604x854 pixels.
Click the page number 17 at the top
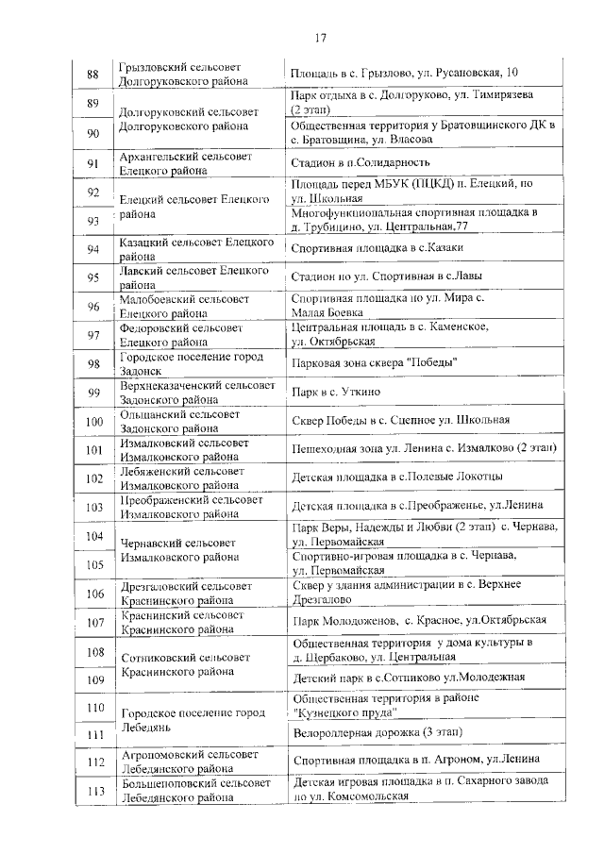tap(320, 38)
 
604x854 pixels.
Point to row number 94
tap(92, 249)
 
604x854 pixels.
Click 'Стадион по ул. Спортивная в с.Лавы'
tap(389, 277)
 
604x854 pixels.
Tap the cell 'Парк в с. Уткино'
tap(336, 392)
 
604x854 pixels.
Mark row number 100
tap(92, 421)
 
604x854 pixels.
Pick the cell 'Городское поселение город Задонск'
tap(184, 364)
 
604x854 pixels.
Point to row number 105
tap(92, 564)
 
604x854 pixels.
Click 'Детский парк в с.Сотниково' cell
tap(408, 678)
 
